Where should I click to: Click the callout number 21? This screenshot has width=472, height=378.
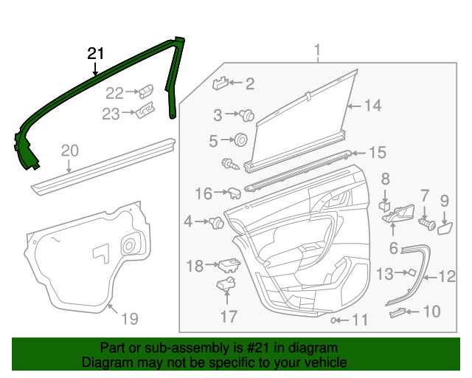[96, 54]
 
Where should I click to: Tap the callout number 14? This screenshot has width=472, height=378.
[372, 106]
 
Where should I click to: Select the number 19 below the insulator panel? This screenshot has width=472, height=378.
[129, 319]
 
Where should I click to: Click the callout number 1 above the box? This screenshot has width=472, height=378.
[318, 51]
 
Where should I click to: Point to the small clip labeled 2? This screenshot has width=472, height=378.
[222, 83]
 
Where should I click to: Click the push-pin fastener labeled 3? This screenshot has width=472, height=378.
[248, 115]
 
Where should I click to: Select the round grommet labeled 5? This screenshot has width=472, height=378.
[240, 140]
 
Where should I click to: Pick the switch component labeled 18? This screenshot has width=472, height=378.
[229, 264]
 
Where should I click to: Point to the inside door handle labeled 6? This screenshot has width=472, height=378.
[398, 214]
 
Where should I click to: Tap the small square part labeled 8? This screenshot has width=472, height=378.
[384, 204]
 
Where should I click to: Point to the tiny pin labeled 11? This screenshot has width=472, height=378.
[335, 320]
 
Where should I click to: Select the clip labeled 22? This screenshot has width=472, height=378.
[147, 92]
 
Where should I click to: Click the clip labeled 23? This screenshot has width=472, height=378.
[145, 111]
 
